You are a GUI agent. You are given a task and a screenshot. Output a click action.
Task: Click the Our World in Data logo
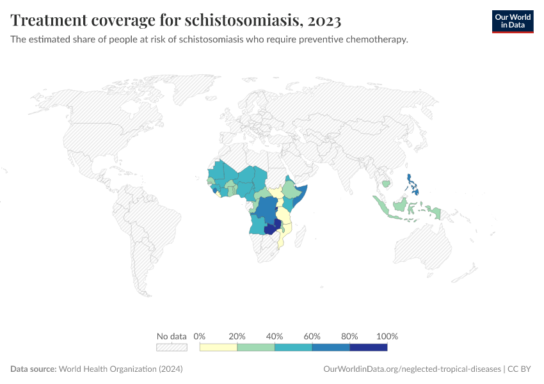pyautogui.click(x=512, y=21)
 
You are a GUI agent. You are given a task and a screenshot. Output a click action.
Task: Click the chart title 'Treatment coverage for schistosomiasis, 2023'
pyautogui.click(x=175, y=20)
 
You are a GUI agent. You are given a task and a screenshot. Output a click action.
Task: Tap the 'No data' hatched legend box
pyautogui.click(x=172, y=347)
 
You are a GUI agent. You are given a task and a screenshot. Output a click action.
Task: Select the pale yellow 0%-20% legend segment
pyautogui.click(x=218, y=347)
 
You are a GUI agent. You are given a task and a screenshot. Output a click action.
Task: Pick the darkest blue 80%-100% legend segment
pyautogui.click(x=368, y=347)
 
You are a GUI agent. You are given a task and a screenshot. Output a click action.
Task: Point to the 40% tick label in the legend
pyautogui.click(x=275, y=336)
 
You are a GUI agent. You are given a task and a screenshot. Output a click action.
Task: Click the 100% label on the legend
pyautogui.click(x=387, y=336)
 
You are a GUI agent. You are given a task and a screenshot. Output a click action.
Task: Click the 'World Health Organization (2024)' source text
pyautogui.click(x=121, y=369)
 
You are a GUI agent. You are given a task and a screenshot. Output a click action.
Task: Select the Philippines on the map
pyautogui.click(x=413, y=186)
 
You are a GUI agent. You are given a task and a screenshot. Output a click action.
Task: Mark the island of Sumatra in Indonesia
pyautogui.click(x=383, y=206)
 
